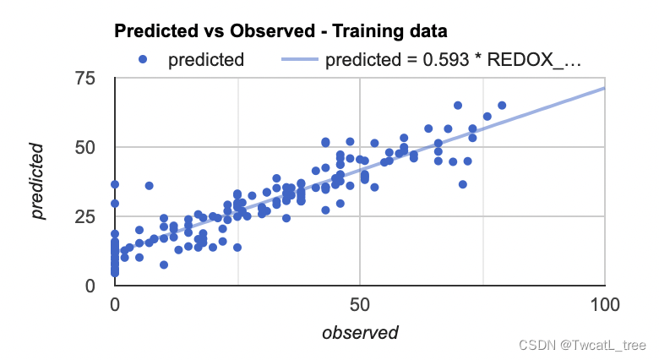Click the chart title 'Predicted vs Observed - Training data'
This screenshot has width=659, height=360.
pos(280,31)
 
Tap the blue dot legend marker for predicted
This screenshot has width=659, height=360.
pos(144,59)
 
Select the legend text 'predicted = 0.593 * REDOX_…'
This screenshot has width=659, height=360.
pos(453,59)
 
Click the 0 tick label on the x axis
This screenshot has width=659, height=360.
pos(115,303)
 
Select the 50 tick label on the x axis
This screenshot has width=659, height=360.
pos(360,303)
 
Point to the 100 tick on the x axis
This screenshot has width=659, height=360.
pos(604,303)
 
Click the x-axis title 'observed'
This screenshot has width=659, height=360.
pos(360,333)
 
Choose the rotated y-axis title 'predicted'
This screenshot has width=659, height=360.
pos(38,182)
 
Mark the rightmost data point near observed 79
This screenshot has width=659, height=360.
pos(502,106)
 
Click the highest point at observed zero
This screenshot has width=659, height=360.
pos(115,184)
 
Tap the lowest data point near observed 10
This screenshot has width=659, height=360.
pos(164,265)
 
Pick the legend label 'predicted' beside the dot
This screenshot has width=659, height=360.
pos(206,59)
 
